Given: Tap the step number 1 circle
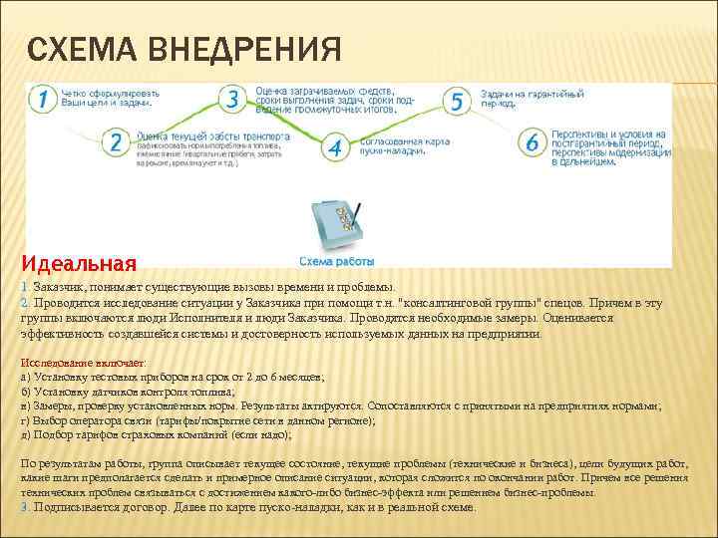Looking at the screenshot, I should (41, 99).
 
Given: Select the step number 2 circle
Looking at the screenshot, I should (116, 142).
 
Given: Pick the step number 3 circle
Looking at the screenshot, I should (233, 99).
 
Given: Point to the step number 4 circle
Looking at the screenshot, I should (334, 147).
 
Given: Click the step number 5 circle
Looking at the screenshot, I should (457, 101).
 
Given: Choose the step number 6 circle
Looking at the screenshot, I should (533, 142).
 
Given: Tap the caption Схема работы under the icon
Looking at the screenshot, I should (335, 260).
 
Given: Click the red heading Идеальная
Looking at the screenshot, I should (78, 264).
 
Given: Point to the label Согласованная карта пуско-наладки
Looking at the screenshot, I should (391, 146).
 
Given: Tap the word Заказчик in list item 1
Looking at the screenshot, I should (59, 287).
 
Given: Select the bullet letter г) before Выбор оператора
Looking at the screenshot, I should (25, 420).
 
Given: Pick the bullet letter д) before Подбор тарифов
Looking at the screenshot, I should (25, 434).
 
